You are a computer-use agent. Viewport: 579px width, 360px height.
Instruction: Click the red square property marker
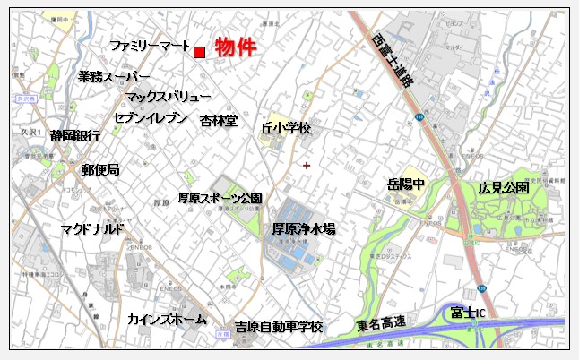click(x=199, y=52)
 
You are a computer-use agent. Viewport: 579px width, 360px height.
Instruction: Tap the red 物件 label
click(x=237, y=47)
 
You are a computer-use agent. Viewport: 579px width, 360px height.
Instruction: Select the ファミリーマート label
click(x=150, y=46)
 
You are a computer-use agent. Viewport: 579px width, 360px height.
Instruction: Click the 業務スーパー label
click(x=113, y=77)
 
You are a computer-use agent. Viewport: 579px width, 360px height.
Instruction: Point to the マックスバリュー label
click(x=168, y=97)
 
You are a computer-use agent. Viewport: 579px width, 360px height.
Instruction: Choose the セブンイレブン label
click(x=151, y=117)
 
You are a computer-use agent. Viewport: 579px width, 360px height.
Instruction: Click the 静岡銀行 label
click(x=75, y=136)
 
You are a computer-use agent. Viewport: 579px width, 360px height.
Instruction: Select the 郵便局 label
click(x=99, y=168)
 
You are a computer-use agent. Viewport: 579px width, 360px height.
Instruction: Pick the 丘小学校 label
click(x=285, y=129)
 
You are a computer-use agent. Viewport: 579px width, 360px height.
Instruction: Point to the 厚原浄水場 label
click(x=304, y=230)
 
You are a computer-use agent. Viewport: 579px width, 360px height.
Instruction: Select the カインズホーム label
click(x=167, y=320)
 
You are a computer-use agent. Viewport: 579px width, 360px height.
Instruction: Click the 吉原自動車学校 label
click(x=278, y=327)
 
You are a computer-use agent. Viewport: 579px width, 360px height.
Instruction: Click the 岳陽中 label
click(x=406, y=184)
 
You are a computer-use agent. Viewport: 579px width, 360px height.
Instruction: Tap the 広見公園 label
click(x=503, y=188)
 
